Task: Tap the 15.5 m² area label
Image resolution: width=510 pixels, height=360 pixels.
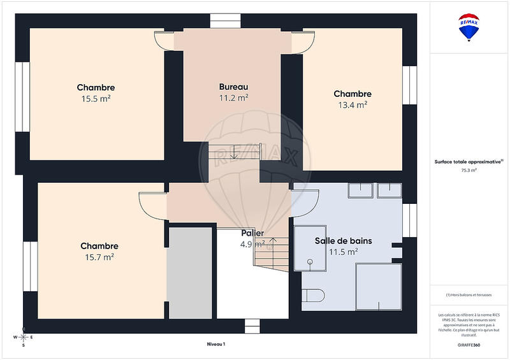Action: point(96,99)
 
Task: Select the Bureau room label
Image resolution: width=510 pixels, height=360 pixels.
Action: point(233,87)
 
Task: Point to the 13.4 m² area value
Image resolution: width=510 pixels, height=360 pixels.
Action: point(353,105)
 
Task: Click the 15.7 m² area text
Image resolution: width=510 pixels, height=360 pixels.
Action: point(99,257)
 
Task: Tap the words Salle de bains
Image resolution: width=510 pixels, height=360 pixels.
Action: point(343,241)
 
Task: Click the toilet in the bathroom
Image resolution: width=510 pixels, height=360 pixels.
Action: point(313,295)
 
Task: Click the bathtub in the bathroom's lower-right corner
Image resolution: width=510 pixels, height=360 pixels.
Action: point(377,286)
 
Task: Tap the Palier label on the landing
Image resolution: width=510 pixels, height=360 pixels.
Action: point(252,233)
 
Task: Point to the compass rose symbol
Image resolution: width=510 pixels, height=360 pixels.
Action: point(24,338)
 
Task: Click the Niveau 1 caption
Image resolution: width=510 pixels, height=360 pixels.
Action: point(216,344)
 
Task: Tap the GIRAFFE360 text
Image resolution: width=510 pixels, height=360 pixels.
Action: point(470,344)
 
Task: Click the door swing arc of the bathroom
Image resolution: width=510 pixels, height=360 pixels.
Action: point(305,203)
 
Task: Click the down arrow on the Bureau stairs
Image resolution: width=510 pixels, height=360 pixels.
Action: point(234,152)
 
